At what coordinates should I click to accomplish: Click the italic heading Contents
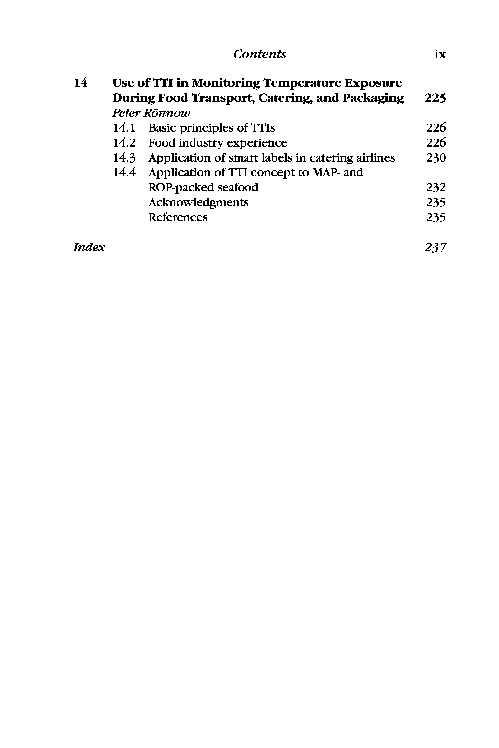coord(259,54)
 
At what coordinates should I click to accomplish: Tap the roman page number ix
coord(440,55)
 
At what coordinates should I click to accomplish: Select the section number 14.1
coord(124,128)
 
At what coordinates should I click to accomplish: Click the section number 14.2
coord(124,143)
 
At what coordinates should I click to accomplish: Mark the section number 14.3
coord(124,158)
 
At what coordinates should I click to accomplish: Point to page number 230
coord(436,158)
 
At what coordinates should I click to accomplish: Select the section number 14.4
coord(124,173)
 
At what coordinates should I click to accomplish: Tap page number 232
coord(436,187)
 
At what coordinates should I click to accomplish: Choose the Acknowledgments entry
coord(198,203)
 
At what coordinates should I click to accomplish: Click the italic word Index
coord(89,247)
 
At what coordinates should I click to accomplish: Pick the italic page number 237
coord(435,247)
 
